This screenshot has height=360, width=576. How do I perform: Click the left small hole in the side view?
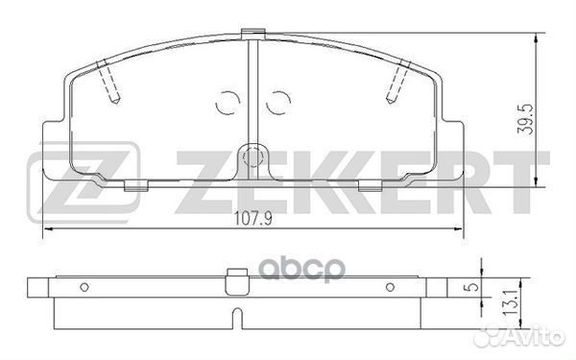point(84,286)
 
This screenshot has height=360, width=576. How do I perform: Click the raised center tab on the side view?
point(232,276)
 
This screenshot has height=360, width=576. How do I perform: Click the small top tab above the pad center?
point(253,35)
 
